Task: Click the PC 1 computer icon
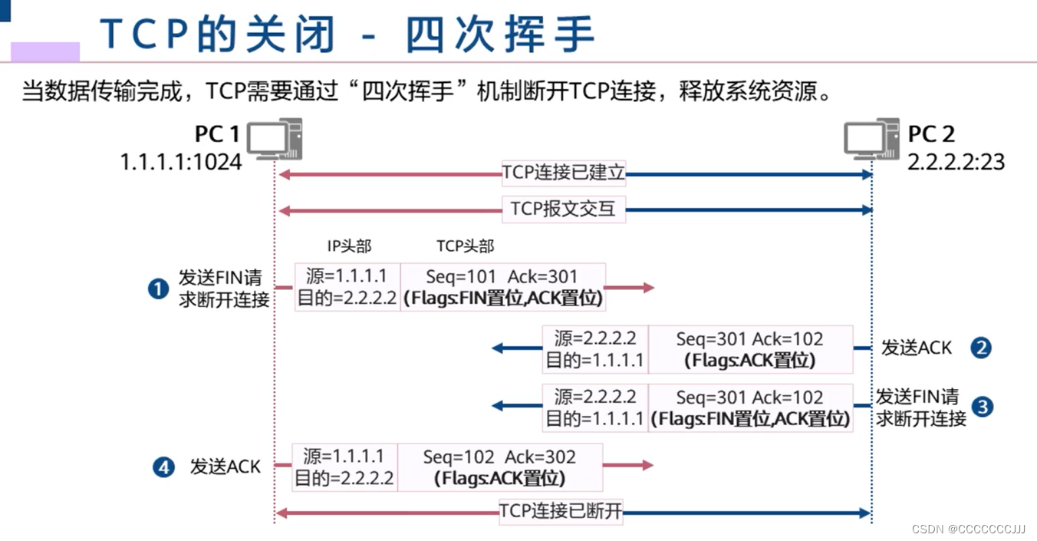(x=274, y=140)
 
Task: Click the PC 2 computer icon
(x=872, y=140)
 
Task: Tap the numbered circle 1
(x=158, y=289)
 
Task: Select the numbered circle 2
(x=981, y=348)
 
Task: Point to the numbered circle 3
(x=982, y=407)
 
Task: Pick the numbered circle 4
(x=163, y=467)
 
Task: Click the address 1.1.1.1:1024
(x=181, y=162)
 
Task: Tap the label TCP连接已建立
(x=564, y=173)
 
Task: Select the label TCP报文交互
(x=564, y=209)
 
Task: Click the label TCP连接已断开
(x=561, y=511)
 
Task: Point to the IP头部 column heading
(x=349, y=246)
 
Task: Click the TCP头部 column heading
(x=466, y=246)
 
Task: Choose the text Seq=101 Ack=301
(x=503, y=277)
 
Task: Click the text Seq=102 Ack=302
(x=499, y=457)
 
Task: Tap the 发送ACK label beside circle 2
(x=916, y=348)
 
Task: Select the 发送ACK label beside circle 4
(x=226, y=467)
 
